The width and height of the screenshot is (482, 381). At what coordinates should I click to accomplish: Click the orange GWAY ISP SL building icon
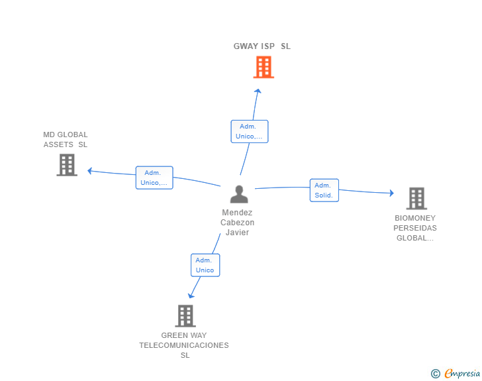(264, 67)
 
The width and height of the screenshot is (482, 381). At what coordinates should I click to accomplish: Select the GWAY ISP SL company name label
(262, 46)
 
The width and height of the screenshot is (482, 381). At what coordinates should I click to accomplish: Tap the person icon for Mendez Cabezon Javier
(239, 194)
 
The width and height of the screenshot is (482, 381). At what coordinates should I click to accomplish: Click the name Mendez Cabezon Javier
(237, 222)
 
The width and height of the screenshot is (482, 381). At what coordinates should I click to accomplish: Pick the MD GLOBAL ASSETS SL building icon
(67, 165)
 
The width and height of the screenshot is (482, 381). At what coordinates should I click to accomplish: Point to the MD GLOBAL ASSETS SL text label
(66, 139)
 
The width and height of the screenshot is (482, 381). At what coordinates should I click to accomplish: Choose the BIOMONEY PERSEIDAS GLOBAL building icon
(416, 198)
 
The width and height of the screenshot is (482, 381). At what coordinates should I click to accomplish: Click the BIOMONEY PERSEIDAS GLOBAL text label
(415, 228)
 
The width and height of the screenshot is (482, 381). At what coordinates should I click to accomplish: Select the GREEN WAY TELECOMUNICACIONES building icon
(185, 316)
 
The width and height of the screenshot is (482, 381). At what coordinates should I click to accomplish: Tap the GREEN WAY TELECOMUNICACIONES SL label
(184, 345)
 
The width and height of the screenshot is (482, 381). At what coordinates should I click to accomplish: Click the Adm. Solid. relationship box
(324, 190)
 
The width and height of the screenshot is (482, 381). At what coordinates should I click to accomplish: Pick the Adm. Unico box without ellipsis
(205, 265)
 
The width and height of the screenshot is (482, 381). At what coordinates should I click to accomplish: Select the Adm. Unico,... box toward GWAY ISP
(250, 131)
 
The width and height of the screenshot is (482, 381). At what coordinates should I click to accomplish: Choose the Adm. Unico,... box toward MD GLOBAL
(154, 178)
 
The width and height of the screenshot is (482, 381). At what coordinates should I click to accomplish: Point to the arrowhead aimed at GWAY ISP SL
(258, 91)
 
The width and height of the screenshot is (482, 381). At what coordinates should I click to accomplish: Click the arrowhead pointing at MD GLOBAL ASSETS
(90, 171)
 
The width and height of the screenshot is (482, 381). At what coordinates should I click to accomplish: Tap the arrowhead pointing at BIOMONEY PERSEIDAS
(392, 193)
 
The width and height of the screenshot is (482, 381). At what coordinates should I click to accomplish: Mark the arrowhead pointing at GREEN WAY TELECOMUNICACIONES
(191, 296)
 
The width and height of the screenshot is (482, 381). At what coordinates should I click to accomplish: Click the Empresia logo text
(462, 373)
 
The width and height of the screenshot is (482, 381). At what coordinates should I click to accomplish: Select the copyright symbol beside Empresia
(436, 374)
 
